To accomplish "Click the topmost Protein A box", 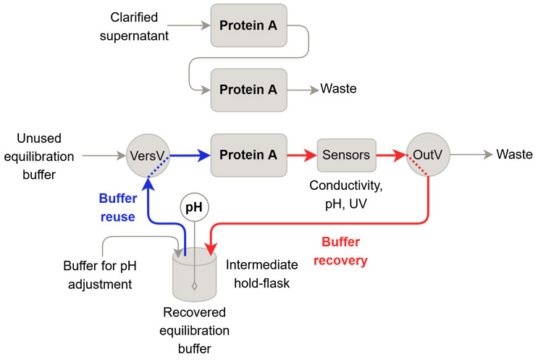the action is pos(249,25).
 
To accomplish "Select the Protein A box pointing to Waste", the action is pos(249,90).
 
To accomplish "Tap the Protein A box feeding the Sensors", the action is pos(249,155).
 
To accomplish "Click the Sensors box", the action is pos(347,155).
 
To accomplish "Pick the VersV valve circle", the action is pos(148,156).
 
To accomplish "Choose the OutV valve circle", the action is pos(428,155).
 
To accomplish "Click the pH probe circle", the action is pos(194,207).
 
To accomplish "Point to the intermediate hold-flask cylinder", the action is pos(195,275).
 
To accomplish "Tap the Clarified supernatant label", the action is pos(134,26).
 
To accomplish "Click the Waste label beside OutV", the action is pos(514,154).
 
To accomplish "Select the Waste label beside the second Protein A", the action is pos(338,89).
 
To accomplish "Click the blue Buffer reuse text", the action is pos(118,208).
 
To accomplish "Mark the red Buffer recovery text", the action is pos(341,251).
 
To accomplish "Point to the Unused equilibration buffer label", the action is pos(39,156).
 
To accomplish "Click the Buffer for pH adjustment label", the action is pos(100,275).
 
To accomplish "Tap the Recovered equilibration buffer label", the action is pos(195,330).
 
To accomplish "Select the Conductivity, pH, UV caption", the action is pos(346,195).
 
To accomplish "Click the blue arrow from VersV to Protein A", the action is pos(190,156).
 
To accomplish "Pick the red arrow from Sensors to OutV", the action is pos(392,155).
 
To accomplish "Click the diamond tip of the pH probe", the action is pos(195,286).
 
